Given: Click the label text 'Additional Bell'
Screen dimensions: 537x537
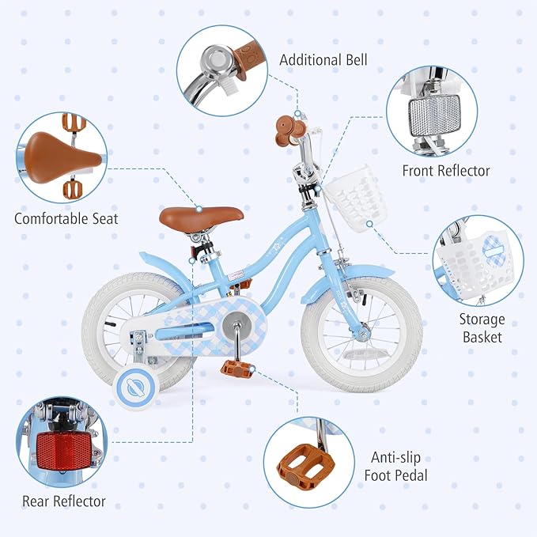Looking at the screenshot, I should pyautogui.click(x=323, y=60).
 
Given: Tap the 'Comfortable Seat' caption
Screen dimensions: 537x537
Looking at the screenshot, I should pyautogui.click(x=66, y=217).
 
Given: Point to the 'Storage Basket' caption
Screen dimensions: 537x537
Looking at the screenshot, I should pyautogui.click(x=481, y=328).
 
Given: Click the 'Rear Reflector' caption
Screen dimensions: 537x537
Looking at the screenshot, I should pyautogui.click(x=64, y=501).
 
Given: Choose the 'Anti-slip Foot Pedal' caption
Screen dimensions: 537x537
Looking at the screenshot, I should pyautogui.click(x=399, y=466).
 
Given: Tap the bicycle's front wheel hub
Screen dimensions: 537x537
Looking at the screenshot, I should pyautogui.click(x=363, y=333).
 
